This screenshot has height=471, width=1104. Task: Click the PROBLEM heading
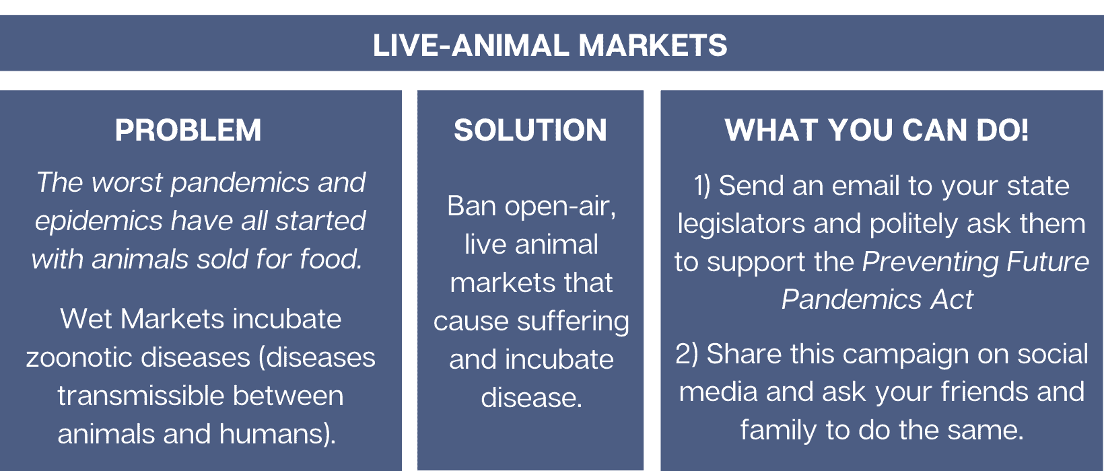tap(188, 130)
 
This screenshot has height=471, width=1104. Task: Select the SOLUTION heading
tap(530, 130)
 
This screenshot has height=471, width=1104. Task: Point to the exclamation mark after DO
tap(1025, 130)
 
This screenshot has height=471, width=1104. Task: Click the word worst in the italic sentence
tap(127, 183)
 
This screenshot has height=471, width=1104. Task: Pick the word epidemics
tap(98, 221)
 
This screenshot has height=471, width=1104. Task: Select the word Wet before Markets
tap(86, 319)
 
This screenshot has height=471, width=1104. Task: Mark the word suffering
tap(573, 322)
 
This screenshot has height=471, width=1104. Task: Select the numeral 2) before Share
tap(687, 354)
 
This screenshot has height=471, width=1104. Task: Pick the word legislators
tap(741, 225)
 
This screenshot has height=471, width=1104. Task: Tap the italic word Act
tap(952, 299)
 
